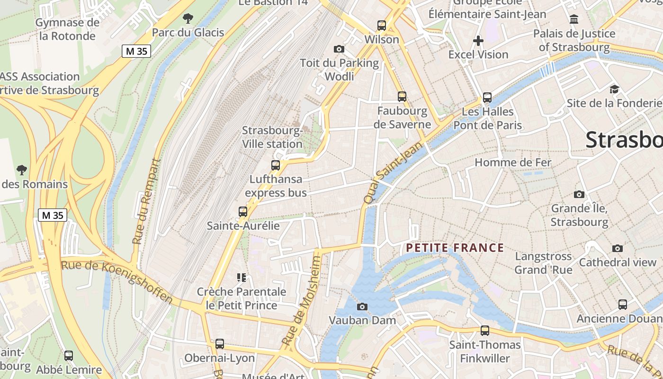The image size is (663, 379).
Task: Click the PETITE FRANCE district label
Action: click(455, 248)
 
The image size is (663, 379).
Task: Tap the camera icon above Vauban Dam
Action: click(362, 307)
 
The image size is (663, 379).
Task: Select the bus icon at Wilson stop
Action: click(382, 26)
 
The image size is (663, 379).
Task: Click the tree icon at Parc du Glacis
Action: click(188, 19)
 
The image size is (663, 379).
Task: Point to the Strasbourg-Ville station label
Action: click(272, 137)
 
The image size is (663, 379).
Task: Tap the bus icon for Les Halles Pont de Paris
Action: click(487, 98)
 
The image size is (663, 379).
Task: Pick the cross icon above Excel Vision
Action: click(478, 41)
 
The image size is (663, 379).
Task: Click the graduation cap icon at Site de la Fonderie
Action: click(614, 89)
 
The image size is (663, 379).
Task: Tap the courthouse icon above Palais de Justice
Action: click(574, 19)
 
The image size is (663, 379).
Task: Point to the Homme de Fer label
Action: click(513, 162)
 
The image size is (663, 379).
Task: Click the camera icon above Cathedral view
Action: click(618, 248)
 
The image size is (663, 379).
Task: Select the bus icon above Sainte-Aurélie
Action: click(243, 212)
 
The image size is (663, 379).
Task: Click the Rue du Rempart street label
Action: click(146, 201)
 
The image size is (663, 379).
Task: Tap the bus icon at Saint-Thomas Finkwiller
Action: click(485, 331)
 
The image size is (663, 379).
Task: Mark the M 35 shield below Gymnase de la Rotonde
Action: click(136, 51)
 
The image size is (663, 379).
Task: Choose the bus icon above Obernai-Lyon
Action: click(220, 344)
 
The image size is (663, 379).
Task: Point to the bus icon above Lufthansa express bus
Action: click(276, 165)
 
